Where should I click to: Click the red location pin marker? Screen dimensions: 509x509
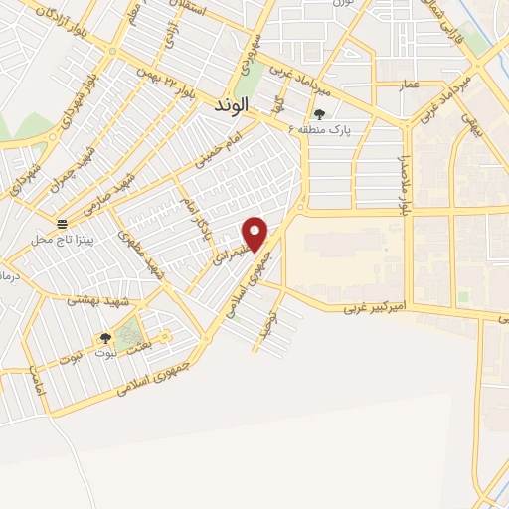pyautogui.click(x=256, y=234)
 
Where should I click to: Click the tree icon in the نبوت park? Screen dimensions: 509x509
pyautogui.click(x=103, y=338)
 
